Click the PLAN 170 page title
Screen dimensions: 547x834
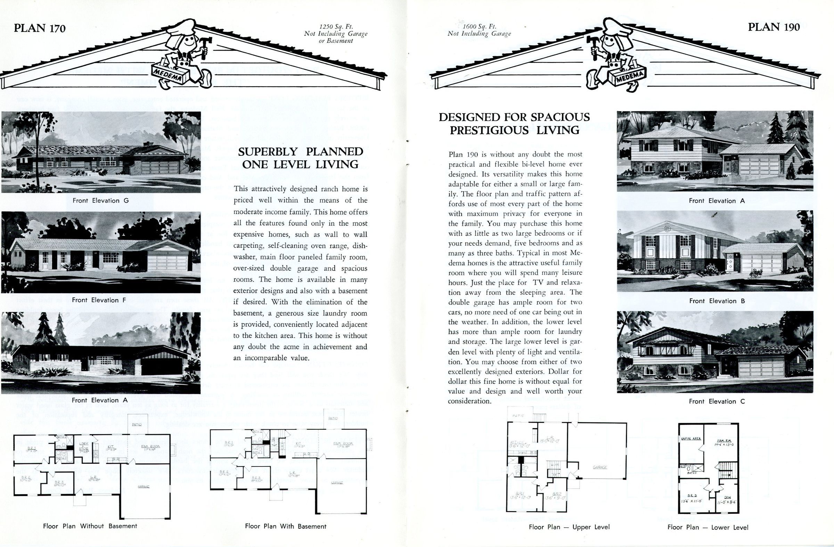coord(40,28)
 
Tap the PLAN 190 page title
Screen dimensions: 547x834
coord(774,27)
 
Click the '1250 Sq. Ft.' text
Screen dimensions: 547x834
coord(336,27)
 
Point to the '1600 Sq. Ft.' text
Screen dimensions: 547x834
coord(479,26)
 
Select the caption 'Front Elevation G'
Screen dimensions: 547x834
coord(100,201)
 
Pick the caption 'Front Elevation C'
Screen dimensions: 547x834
coord(717,402)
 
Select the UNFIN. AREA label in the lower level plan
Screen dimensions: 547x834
coord(691,438)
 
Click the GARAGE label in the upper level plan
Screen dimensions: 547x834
coord(599,467)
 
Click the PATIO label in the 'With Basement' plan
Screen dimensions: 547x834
coord(333,418)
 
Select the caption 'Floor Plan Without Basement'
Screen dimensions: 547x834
coord(90,526)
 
